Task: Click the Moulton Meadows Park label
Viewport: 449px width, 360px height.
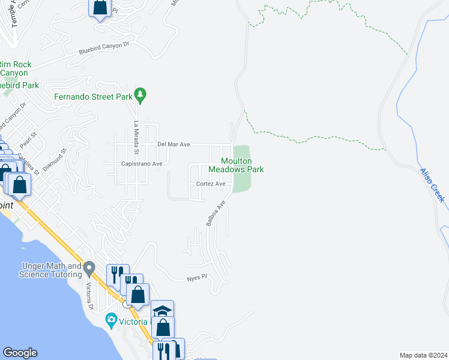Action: pos(242,165)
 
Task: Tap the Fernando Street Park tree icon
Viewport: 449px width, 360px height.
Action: pos(140,94)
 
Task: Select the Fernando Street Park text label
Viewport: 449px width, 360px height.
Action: pos(92,96)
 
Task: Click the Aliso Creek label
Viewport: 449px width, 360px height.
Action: pos(432,184)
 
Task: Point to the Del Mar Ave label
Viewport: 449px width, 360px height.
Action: pos(173,145)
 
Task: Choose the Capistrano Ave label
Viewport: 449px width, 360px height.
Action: pos(142,163)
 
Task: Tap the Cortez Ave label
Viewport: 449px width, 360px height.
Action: pos(211,184)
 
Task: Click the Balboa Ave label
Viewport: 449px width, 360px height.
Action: pos(215,214)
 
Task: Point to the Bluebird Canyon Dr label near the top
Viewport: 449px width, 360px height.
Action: pos(104,49)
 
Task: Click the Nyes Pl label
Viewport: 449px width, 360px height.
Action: pos(196,278)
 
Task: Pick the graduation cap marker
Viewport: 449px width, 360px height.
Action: pos(162,310)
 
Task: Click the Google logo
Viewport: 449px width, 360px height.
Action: pos(20,353)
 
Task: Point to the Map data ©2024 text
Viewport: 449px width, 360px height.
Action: pos(423,355)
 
